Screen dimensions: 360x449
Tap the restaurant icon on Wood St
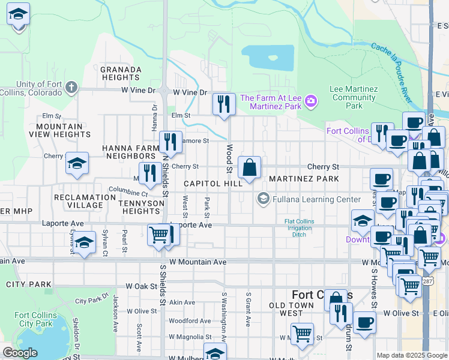[x=224, y=104]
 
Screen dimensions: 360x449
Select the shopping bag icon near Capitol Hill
[x=249, y=168]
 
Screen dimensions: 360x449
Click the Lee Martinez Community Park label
[x=354, y=97]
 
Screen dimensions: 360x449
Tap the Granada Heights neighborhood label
[x=121, y=73]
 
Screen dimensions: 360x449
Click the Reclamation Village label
[x=79, y=201]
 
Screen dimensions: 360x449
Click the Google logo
[x=20, y=353]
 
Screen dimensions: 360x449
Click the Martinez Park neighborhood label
[x=304, y=179]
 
